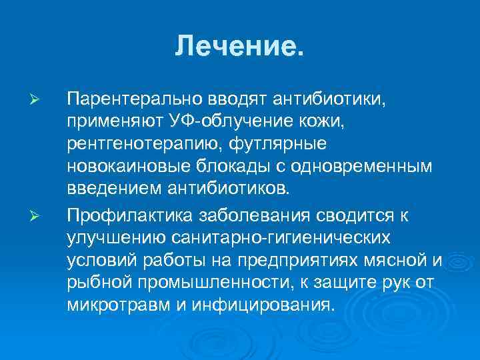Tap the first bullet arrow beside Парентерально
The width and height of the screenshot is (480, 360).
37,100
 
